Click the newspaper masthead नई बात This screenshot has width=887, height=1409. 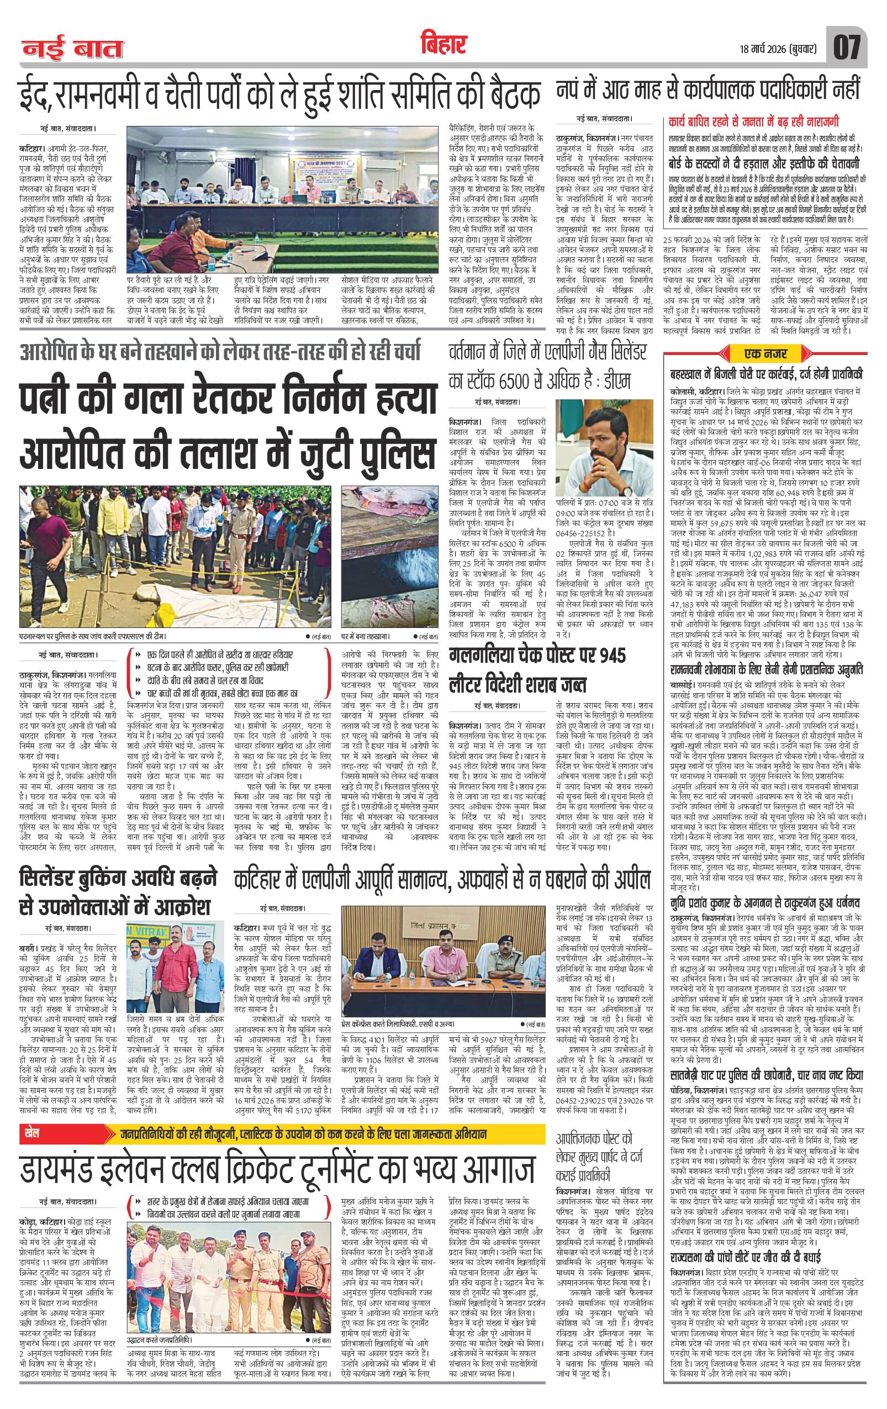coord(73,50)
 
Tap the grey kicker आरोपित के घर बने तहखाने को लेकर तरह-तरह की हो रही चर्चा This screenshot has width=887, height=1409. coord(220,353)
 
